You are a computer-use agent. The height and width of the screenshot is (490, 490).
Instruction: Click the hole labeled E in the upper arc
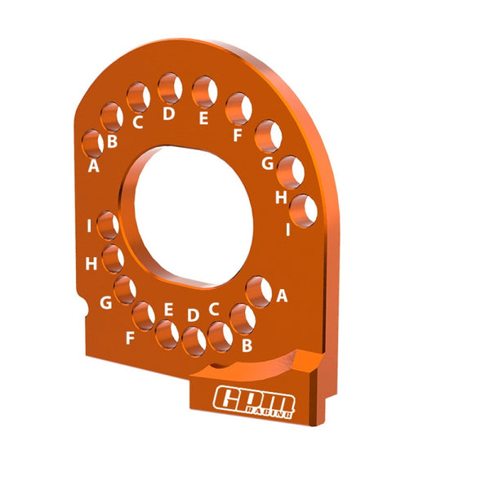coord(204,91)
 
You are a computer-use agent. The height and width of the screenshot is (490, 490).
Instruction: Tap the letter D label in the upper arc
coord(169,114)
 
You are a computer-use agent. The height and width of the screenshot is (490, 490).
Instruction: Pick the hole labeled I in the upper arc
coord(304,210)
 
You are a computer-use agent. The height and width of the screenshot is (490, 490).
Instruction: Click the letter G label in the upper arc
coord(266,163)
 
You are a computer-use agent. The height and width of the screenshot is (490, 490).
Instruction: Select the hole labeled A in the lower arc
coord(259,292)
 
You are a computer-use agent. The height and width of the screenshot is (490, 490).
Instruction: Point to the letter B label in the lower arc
coord(247,345)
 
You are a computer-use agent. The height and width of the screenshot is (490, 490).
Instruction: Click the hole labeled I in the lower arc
coord(108,225)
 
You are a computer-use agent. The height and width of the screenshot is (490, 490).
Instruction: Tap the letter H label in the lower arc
coord(91,263)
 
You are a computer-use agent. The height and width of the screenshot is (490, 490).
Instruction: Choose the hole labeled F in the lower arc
coord(145,315)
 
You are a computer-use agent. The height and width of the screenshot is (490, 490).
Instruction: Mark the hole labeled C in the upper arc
coord(139,98)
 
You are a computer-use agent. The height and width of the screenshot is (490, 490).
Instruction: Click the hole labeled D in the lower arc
coord(194,341)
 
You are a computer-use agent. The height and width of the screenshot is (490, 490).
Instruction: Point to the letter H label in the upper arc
coord(281,197)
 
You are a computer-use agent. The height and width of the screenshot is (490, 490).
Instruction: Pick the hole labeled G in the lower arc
coord(125,289)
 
